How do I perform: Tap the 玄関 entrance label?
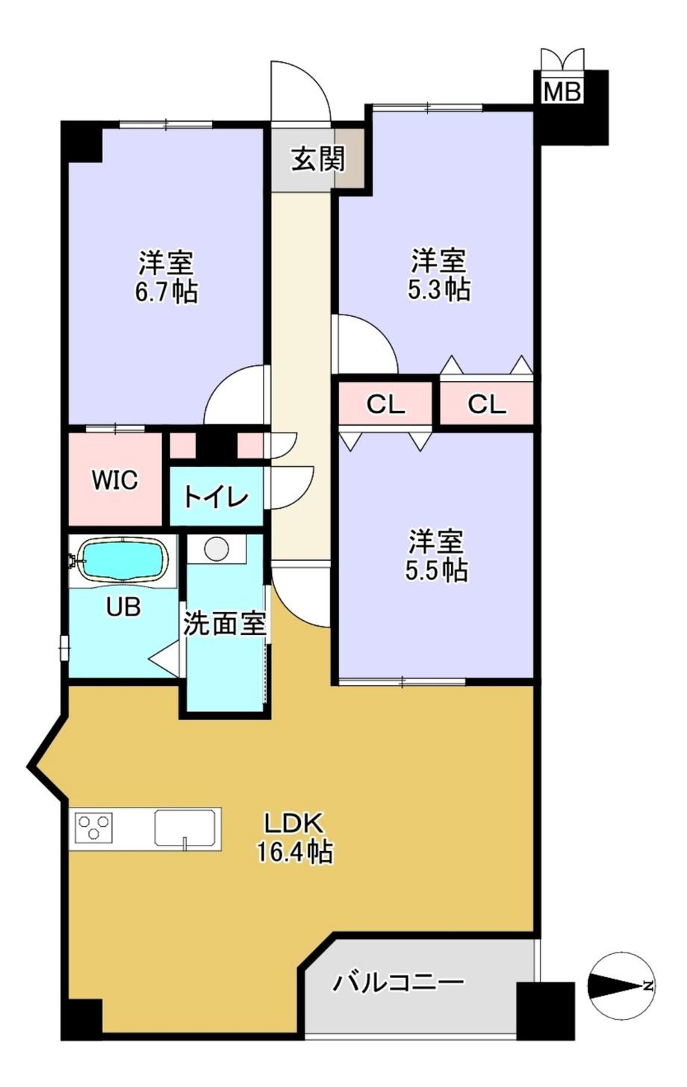point(317,159)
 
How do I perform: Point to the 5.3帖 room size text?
point(438,288)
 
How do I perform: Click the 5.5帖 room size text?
point(436,570)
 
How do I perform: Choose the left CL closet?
point(385,404)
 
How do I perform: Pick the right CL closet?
point(487,404)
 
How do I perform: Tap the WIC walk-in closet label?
point(114,480)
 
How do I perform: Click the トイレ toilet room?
point(216,497)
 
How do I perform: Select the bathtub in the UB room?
point(122,560)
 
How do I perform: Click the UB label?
point(122,607)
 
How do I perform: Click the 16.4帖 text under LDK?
point(294,852)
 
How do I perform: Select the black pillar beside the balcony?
point(545,1011)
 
